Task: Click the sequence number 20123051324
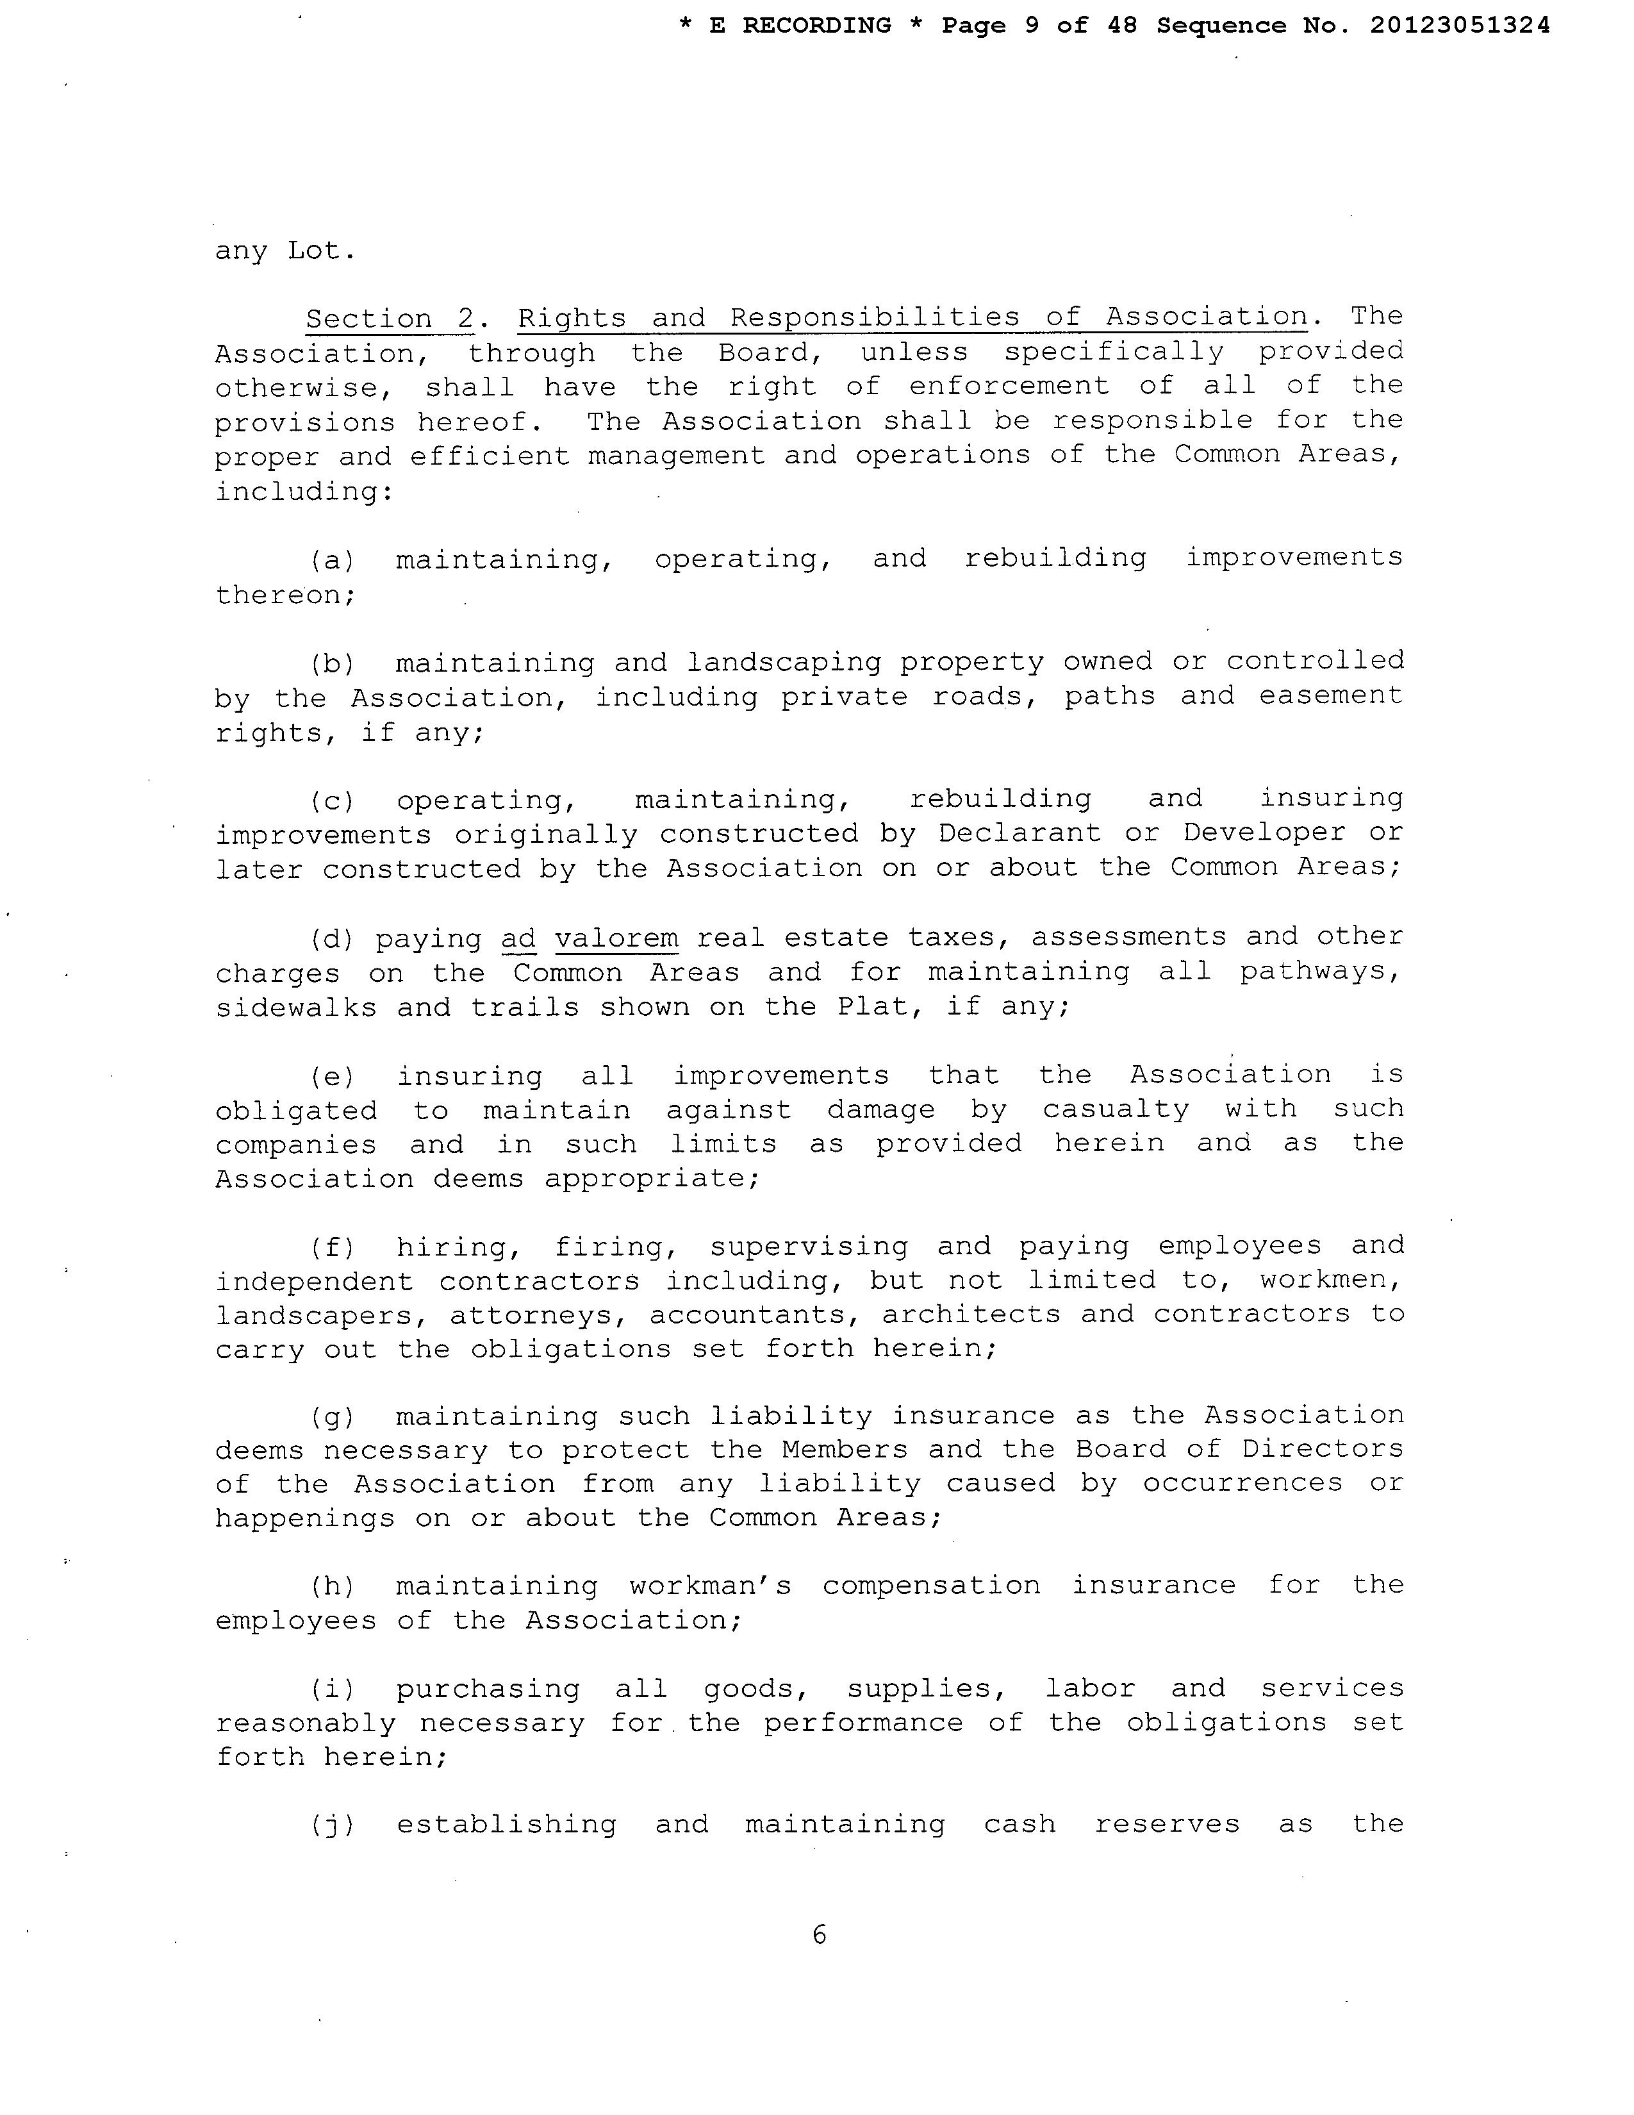pos(1460,26)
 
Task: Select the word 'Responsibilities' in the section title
pos(874,318)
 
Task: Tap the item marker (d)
pos(332,938)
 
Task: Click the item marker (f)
pos(332,1247)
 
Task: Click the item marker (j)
pos(332,1825)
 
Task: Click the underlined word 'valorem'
pos(616,938)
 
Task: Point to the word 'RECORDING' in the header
pos(816,26)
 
